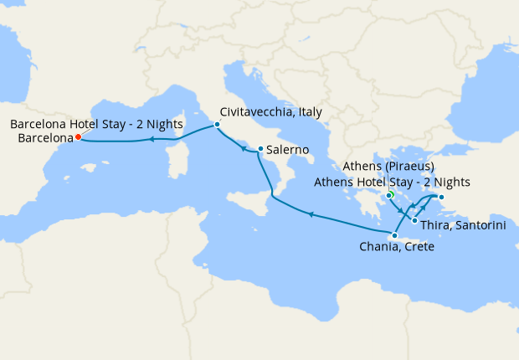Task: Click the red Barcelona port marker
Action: click(x=77, y=136)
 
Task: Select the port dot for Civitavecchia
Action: click(x=217, y=125)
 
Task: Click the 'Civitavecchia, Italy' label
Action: click(x=270, y=111)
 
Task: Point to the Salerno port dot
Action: click(x=261, y=150)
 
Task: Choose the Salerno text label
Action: click(x=290, y=150)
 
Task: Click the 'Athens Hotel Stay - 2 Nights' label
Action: click(x=392, y=182)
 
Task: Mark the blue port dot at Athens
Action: click(x=389, y=196)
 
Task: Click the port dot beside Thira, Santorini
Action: click(x=414, y=221)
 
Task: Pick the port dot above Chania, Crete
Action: click(x=394, y=235)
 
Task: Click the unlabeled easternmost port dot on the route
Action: click(x=442, y=198)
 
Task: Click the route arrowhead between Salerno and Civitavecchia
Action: click(x=242, y=148)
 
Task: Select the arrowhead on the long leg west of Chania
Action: click(x=311, y=215)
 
